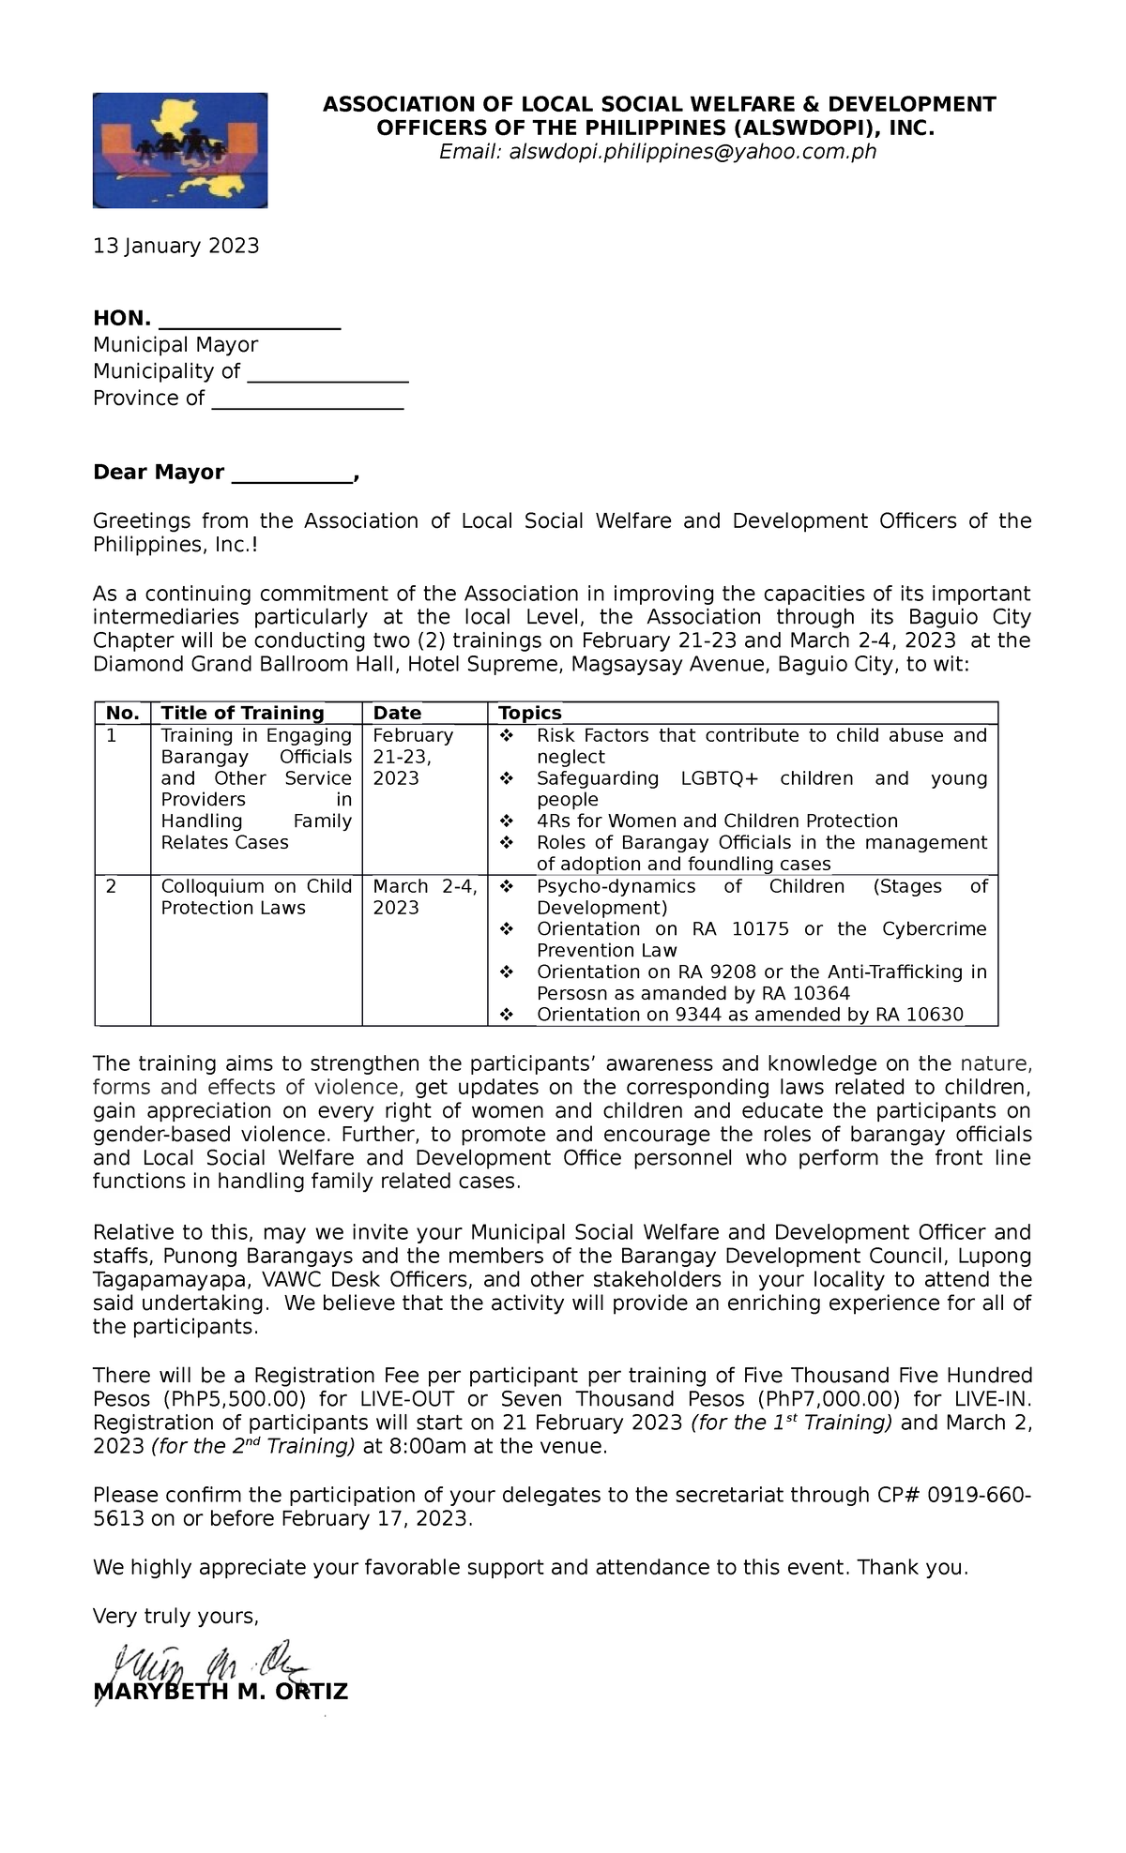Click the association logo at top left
pyautogui.click(x=179, y=150)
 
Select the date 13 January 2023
pyautogui.click(x=175, y=246)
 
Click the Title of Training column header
pyautogui.click(x=242, y=713)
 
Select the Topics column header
pyautogui.click(x=530, y=713)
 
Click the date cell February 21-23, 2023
pyautogui.click(x=413, y=757)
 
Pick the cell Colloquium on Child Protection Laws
pyautogui.click(x=255, y=896)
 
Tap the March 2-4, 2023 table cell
pyautogui.click(x=424, y=896)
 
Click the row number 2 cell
pyautogui.click(x=112, y=886)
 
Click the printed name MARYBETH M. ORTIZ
pyautogui.click(x=221, y=1692)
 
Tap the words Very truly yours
pyautogui.click(x=175, y=1616)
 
